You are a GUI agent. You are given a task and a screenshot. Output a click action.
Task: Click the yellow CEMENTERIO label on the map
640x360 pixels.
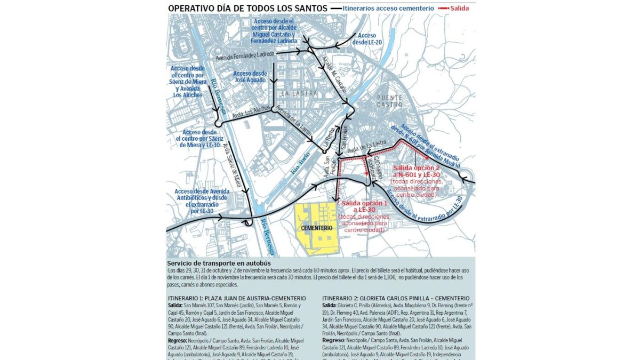[x=317, y=228]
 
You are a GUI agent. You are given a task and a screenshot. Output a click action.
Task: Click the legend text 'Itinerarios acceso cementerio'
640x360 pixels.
[x=388, y=9]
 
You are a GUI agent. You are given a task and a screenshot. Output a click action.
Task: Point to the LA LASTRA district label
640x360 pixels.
[x=299, y=93]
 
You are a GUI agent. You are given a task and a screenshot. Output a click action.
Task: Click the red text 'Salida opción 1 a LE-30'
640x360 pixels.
[x=364, y=207]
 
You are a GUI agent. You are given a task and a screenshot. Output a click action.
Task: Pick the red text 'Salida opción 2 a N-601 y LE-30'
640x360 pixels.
[x=417, y=171]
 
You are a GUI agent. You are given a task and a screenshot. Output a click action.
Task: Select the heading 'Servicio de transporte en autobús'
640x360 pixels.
[x=219, y=263]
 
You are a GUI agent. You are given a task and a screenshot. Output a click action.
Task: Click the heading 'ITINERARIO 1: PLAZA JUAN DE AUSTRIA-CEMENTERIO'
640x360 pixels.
[x=237, y=298]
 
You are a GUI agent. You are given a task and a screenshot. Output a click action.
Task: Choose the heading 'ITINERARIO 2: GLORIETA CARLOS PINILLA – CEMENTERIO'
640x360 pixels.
[x=396, y=298]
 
